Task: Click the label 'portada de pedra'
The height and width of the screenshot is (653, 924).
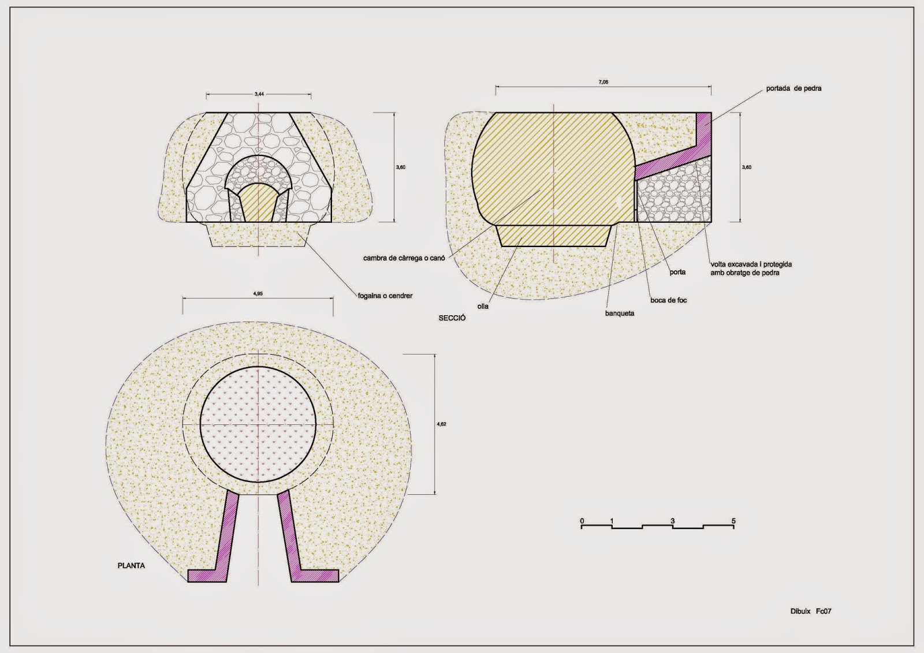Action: tap(793, 88)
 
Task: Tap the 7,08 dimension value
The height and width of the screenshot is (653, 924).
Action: tap(603, 82)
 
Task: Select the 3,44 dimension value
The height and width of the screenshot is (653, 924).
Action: tap(259, 94)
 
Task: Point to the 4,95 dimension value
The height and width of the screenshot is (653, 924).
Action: tap(258, 294)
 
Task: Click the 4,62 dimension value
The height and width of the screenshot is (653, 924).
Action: tap(441, 424)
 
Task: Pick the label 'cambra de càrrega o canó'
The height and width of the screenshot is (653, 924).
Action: tap(404, 258)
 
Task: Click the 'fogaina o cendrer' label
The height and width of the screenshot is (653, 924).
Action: tap(385, 296)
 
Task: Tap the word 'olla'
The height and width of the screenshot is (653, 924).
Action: tap(483, 307)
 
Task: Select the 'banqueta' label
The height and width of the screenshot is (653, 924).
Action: tap(620, 313)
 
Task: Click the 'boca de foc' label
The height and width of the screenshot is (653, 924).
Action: tap(669, 300)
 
